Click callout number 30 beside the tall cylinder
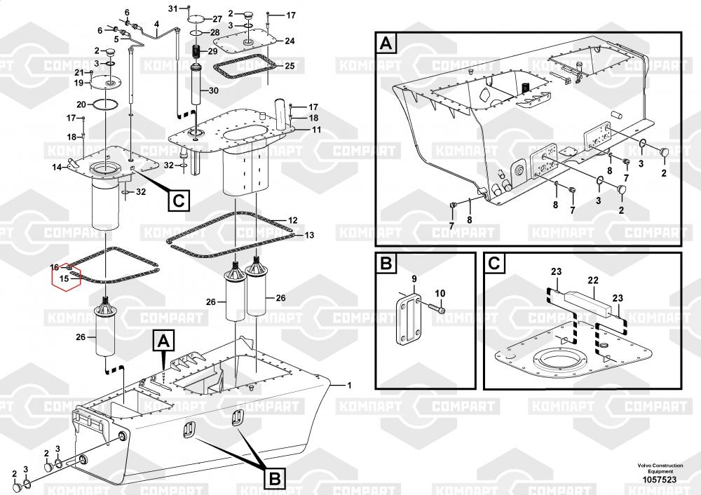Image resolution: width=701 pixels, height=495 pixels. pyautogui.click(x=213, y=90)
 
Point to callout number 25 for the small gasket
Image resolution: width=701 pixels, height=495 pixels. pyautogui.click(x=289, y=66)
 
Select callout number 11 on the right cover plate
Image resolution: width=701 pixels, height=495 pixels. pyautogui.click(x=316, y=130)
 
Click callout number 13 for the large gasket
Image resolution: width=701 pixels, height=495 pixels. pyautogui.click(x=309, y=235)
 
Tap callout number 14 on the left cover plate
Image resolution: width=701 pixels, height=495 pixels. pyautogui.click(x=57, y=167)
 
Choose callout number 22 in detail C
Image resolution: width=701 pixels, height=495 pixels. pyautogui.click(x=594, y=280)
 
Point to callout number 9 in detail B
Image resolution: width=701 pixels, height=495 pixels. pyautogui.click(x=414, y=278)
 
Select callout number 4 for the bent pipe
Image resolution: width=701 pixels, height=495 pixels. pyautogui.click(x=156, y=24)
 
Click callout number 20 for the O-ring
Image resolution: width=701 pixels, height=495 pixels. pyautogui.click(x=81, y=104)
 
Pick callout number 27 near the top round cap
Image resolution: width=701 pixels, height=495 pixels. pyautogui.click(x=217, y=18)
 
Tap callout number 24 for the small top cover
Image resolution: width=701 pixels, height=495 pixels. pyautogui.click(x=290, y=41)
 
